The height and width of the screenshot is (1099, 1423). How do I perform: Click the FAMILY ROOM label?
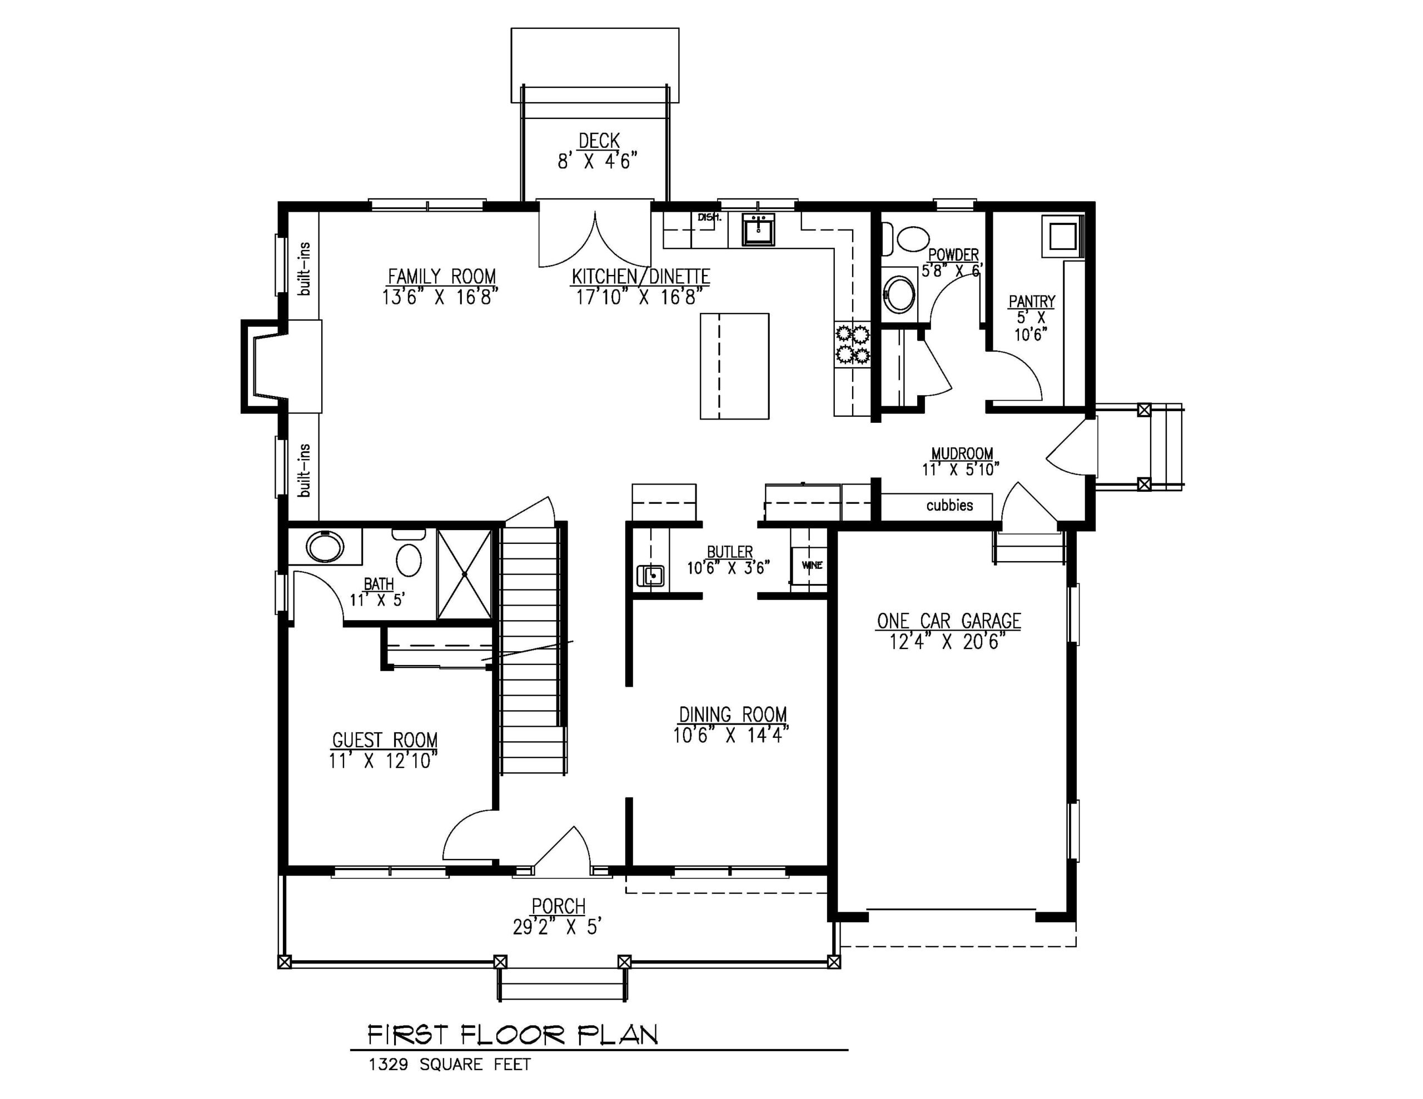click(x=441, y=276)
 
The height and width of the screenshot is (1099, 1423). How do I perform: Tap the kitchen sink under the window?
click(x=758, y=229)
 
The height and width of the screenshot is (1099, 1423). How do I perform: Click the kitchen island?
click(x=734, y=366)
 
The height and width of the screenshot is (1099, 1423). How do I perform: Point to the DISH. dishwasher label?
click(x=709, y=217)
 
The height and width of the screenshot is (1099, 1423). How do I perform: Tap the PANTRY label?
click(x=1032, y=302)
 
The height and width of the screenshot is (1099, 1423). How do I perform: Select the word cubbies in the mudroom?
click(x=949, y=505)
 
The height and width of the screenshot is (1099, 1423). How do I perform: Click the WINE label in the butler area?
click(x=812, y=565)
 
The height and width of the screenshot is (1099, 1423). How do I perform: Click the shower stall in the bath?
click(x=464, y=574)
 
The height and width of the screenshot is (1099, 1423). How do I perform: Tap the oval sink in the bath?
click(x=325, y=547)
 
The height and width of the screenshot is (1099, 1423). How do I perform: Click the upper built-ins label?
click(x=304, y=268)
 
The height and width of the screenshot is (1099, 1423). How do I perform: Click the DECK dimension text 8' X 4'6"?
click(x=597, y=161)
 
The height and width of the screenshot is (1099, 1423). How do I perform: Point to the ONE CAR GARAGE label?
click(x=948, y=621)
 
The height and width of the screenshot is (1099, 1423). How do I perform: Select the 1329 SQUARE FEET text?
click(x=450, y=1065)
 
